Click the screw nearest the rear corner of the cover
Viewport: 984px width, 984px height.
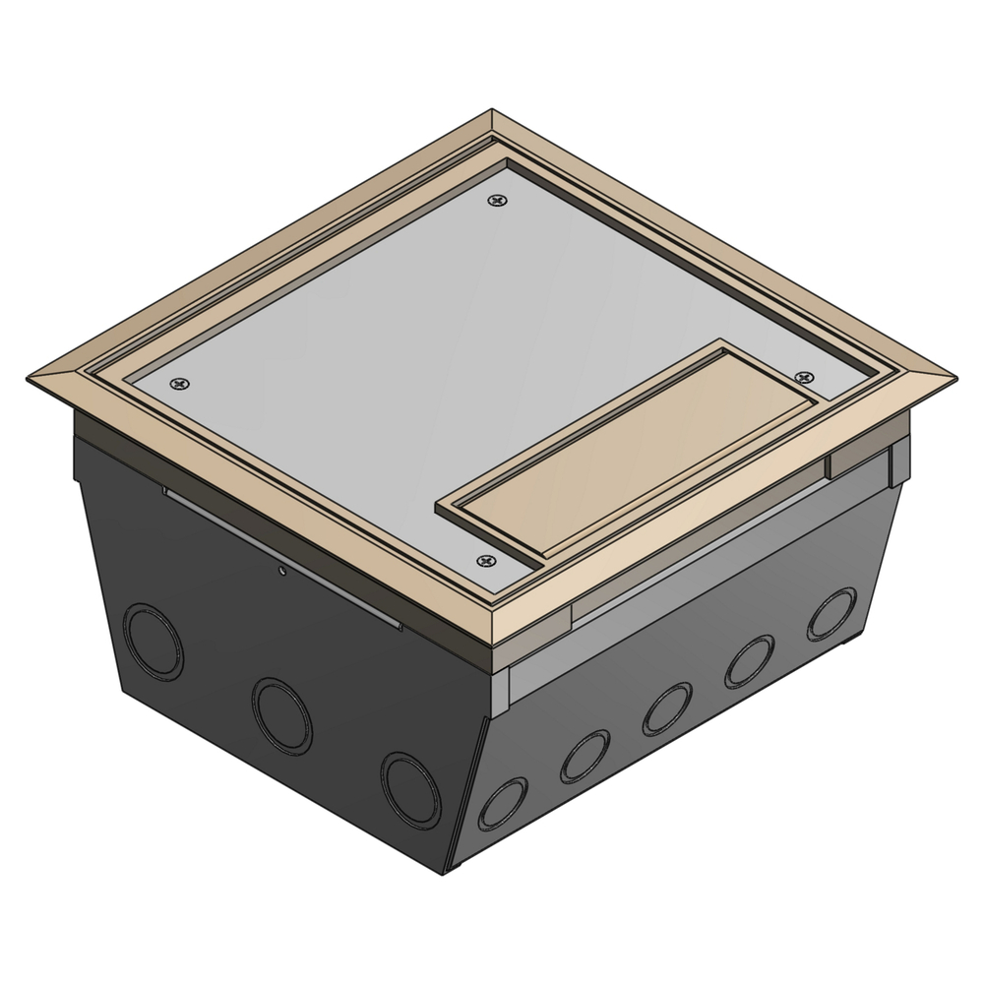pos(500,201)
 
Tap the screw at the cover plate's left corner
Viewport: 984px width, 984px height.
pos(178,384)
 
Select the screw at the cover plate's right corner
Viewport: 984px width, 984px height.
pos(804,377)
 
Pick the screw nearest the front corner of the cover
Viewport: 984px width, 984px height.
pos(483,561)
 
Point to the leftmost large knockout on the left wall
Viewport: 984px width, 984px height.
pos(153,642)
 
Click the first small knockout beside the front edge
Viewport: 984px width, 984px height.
pos(502,801)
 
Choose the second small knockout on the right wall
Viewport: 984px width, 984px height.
pos(584,756)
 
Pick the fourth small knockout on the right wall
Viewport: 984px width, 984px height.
pos(750,662)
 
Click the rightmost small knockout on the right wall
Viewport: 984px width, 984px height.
pos(831,614)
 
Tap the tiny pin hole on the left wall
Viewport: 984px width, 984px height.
pos(282,569)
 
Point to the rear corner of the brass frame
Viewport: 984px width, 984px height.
pos(492,113)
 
